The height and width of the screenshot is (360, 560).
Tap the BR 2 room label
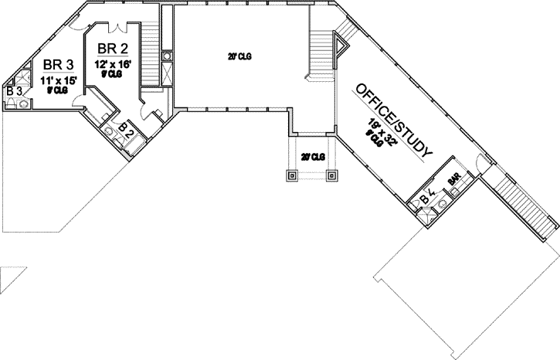coord(110,48)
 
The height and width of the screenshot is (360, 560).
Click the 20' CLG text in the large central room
coord(239,56)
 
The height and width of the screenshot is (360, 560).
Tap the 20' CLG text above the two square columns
coord(312,157)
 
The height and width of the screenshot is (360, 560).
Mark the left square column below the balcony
coord(293,175)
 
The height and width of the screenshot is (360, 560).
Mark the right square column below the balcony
coord(332,175)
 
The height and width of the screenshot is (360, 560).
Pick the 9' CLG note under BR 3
coord(57,90)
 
